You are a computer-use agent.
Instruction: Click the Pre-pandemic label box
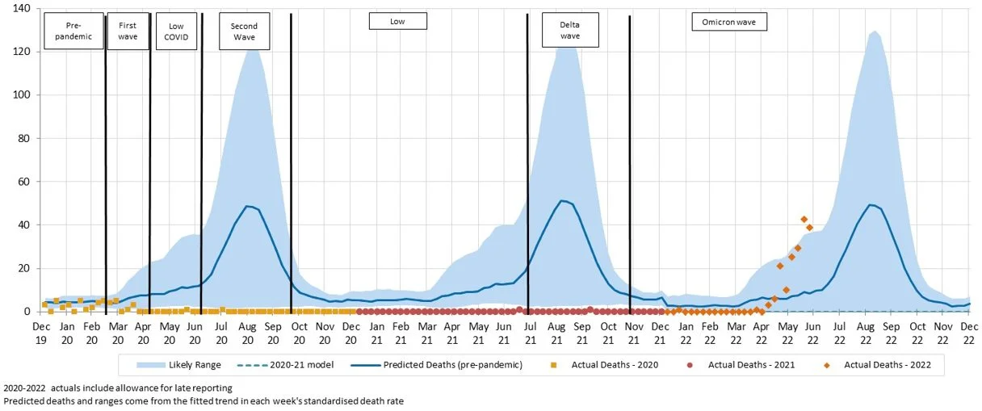[x=73, y=31]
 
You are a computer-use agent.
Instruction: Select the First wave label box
[x=128, y=31]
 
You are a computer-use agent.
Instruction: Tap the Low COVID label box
[x=175, y=31]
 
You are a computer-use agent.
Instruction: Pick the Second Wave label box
[x=244, y=31]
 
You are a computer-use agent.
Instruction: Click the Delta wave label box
[x=570, y=31]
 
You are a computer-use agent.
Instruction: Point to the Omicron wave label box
[x=729, y=22]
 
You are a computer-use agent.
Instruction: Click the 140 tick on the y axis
[x=21, y=9]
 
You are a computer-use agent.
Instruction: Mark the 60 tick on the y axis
[x=23, y=182]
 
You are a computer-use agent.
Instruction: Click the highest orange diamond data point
[x=804, y=219]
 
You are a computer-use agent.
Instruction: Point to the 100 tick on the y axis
[x=21, y=95]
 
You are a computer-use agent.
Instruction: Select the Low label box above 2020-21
[x=397, y=21]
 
